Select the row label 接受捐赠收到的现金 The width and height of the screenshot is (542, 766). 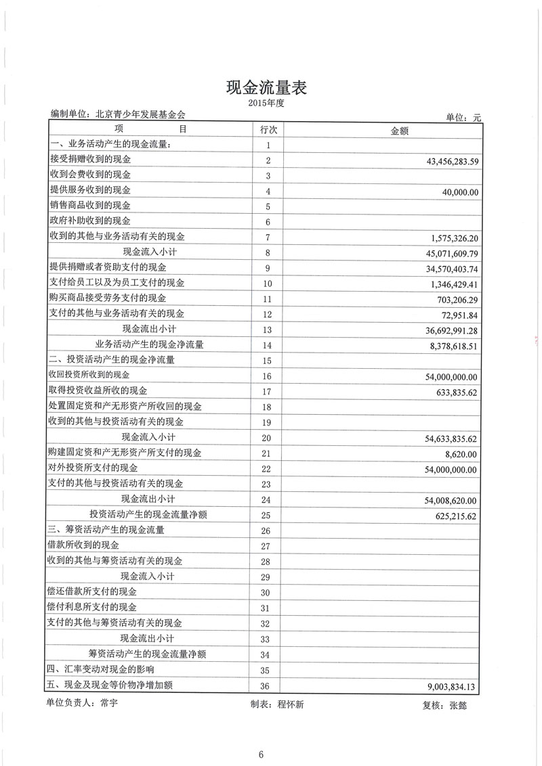coord(90,160)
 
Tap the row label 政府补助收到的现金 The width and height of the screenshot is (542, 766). coord(90,221)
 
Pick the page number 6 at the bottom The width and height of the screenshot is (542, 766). coord(259,755)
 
